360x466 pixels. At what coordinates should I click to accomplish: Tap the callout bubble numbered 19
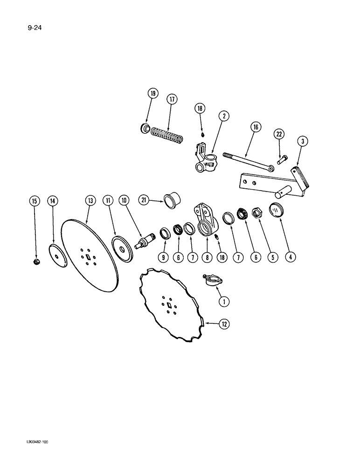pos(152,94)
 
